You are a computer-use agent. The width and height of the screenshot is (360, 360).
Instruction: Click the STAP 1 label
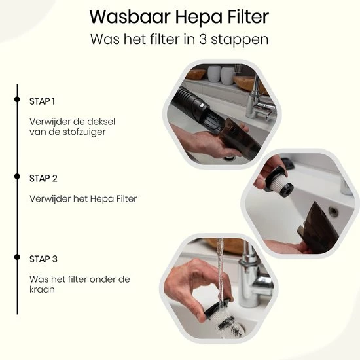coord(43,101)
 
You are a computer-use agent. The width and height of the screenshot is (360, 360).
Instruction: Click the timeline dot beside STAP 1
coord(16,101)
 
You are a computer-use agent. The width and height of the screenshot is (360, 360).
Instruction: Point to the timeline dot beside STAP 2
coord(16,178)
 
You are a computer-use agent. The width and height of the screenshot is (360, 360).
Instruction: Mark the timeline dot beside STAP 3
coord(16,259)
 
